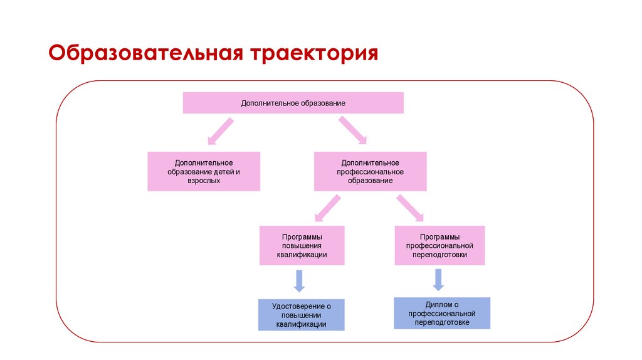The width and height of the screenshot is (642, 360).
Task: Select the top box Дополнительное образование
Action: (x=293, y=103)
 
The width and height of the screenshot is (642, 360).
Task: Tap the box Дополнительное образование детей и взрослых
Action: (x=204, y=171)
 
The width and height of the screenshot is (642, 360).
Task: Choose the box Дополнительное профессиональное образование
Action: (x=370, y=171)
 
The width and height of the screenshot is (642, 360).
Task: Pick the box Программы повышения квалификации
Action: (x=302, y=246)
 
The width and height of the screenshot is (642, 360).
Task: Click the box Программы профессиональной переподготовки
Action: (x=439, y=246)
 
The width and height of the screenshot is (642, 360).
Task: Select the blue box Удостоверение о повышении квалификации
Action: (x=301, y=315)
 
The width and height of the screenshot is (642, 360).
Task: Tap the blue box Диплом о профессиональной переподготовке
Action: (x=441, y=313)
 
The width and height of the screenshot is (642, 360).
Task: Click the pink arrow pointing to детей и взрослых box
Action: (x=220, y=130)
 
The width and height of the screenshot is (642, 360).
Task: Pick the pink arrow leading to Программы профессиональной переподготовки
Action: (x=410, y=208)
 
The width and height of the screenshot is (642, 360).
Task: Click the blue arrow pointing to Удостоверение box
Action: (x=299, y=280)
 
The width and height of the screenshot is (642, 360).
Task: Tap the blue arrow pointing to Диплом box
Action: (x=438, y=279)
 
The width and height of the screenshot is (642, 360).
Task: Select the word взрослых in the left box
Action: (x=204, y=180)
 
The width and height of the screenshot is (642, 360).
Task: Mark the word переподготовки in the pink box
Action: (x=439, y=255)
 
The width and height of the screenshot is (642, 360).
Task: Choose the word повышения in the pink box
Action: (x=302, y=246)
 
